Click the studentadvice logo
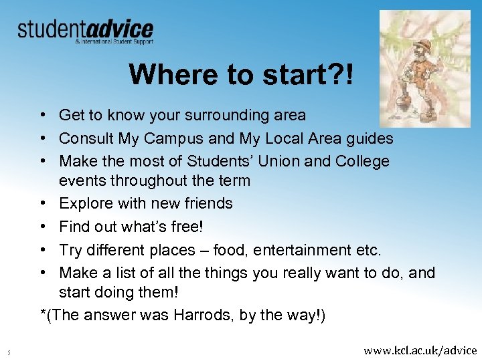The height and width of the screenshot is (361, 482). point(85,31)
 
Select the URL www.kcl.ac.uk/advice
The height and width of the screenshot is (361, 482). point(420,350)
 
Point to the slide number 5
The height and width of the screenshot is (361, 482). point(9,351)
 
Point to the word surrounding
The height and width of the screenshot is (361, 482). point(220,116)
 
